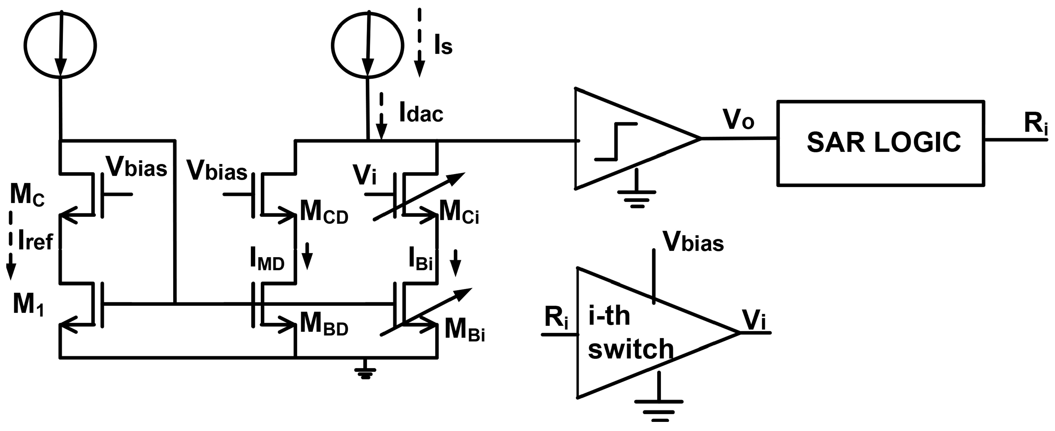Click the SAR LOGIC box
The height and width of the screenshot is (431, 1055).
(x=881, y=143)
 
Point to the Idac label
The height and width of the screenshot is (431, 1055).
(x=421, y=113)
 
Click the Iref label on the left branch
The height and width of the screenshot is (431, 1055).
(x=35, y=242)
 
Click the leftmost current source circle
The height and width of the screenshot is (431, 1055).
(x=60, y=44)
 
